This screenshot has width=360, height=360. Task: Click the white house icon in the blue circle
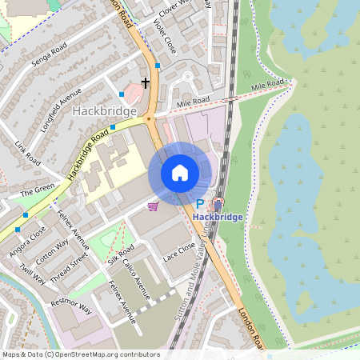coord(180,173)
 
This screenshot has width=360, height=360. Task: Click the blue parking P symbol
coord(200,205)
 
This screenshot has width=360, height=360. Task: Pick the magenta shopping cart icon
coord(153,206)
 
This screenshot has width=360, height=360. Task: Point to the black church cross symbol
coord(146,82)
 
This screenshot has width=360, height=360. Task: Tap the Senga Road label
coord(49,61)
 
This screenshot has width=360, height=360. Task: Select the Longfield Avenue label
coord(64,103)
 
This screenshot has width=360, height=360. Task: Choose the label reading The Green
coord(36,192)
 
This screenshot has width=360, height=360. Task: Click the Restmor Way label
coord(72,308)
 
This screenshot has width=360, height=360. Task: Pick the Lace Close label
coord(179,254)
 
